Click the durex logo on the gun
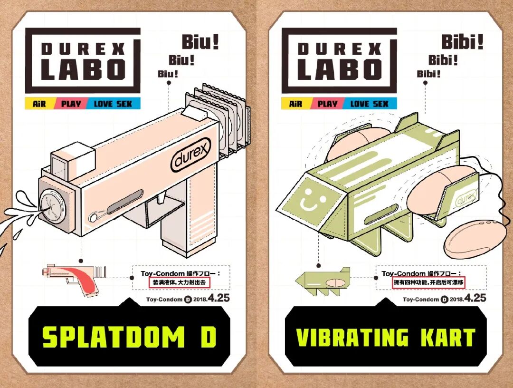tap(190, 156)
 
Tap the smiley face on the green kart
tap(309, 199)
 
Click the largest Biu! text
tap(200, 43)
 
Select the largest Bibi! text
tap(462, 43)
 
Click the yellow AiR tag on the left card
tap(39, 104)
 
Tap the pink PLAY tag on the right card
tap(327, 104)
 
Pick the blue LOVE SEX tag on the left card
tap(113, 104)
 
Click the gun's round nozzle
tap(49, 205)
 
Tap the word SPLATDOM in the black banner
tap(112, 337)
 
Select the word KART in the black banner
tap(447, 337)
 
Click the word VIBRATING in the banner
tap(352, 337)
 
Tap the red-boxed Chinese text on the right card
tap(428, 282)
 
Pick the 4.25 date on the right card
tap(475, 298)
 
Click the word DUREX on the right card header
tap(340, 48)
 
